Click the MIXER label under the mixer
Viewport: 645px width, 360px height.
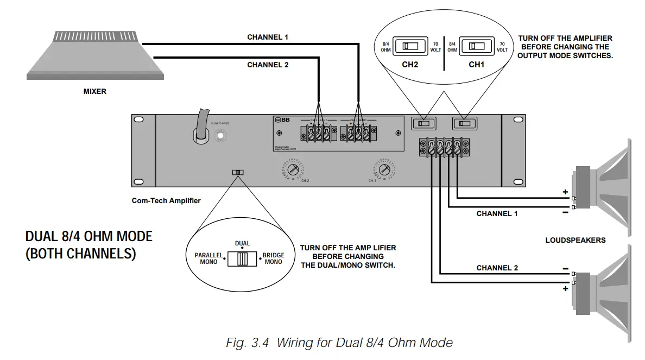coord(94,92)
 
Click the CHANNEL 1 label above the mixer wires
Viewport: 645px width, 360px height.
coord(268,37)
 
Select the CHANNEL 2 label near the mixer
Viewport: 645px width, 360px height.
coord(268,65)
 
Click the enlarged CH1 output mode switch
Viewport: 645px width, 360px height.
coord(476,46)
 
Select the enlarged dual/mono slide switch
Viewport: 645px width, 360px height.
coord(243,258)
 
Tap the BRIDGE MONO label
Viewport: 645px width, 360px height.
coord(273,258)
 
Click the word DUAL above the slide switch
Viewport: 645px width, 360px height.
coord(242,243)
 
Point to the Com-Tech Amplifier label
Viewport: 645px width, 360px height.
coord(166,200)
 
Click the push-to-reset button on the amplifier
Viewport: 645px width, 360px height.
coord(221,135)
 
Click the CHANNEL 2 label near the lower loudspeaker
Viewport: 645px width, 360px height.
coord(497,268)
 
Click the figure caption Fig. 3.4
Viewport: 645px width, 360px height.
coord(339,343)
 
